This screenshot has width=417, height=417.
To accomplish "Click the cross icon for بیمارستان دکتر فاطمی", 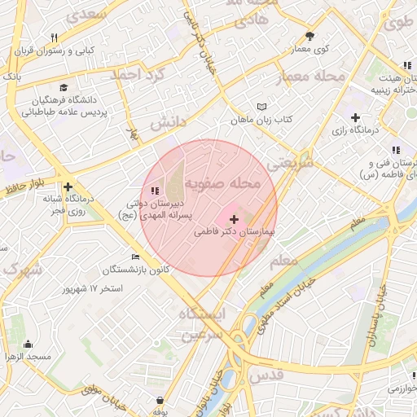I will [235, 219].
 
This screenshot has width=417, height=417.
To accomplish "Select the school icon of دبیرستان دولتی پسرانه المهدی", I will [156, 191].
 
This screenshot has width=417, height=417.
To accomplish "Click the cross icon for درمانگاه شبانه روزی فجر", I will [69, 187].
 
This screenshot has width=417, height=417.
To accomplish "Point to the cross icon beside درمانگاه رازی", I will [355, 117].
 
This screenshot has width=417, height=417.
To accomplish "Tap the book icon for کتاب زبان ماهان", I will [261, 107].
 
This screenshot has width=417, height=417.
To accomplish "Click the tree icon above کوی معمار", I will [310, 36].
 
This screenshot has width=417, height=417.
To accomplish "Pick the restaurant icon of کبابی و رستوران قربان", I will [54, 37].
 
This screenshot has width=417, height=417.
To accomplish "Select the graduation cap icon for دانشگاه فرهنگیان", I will [63, 88].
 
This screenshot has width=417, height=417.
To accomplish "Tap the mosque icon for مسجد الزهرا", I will [29, 344].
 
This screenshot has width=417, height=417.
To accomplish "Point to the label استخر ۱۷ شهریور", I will [93, 288].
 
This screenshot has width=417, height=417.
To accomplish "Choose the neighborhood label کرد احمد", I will [140, 76].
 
